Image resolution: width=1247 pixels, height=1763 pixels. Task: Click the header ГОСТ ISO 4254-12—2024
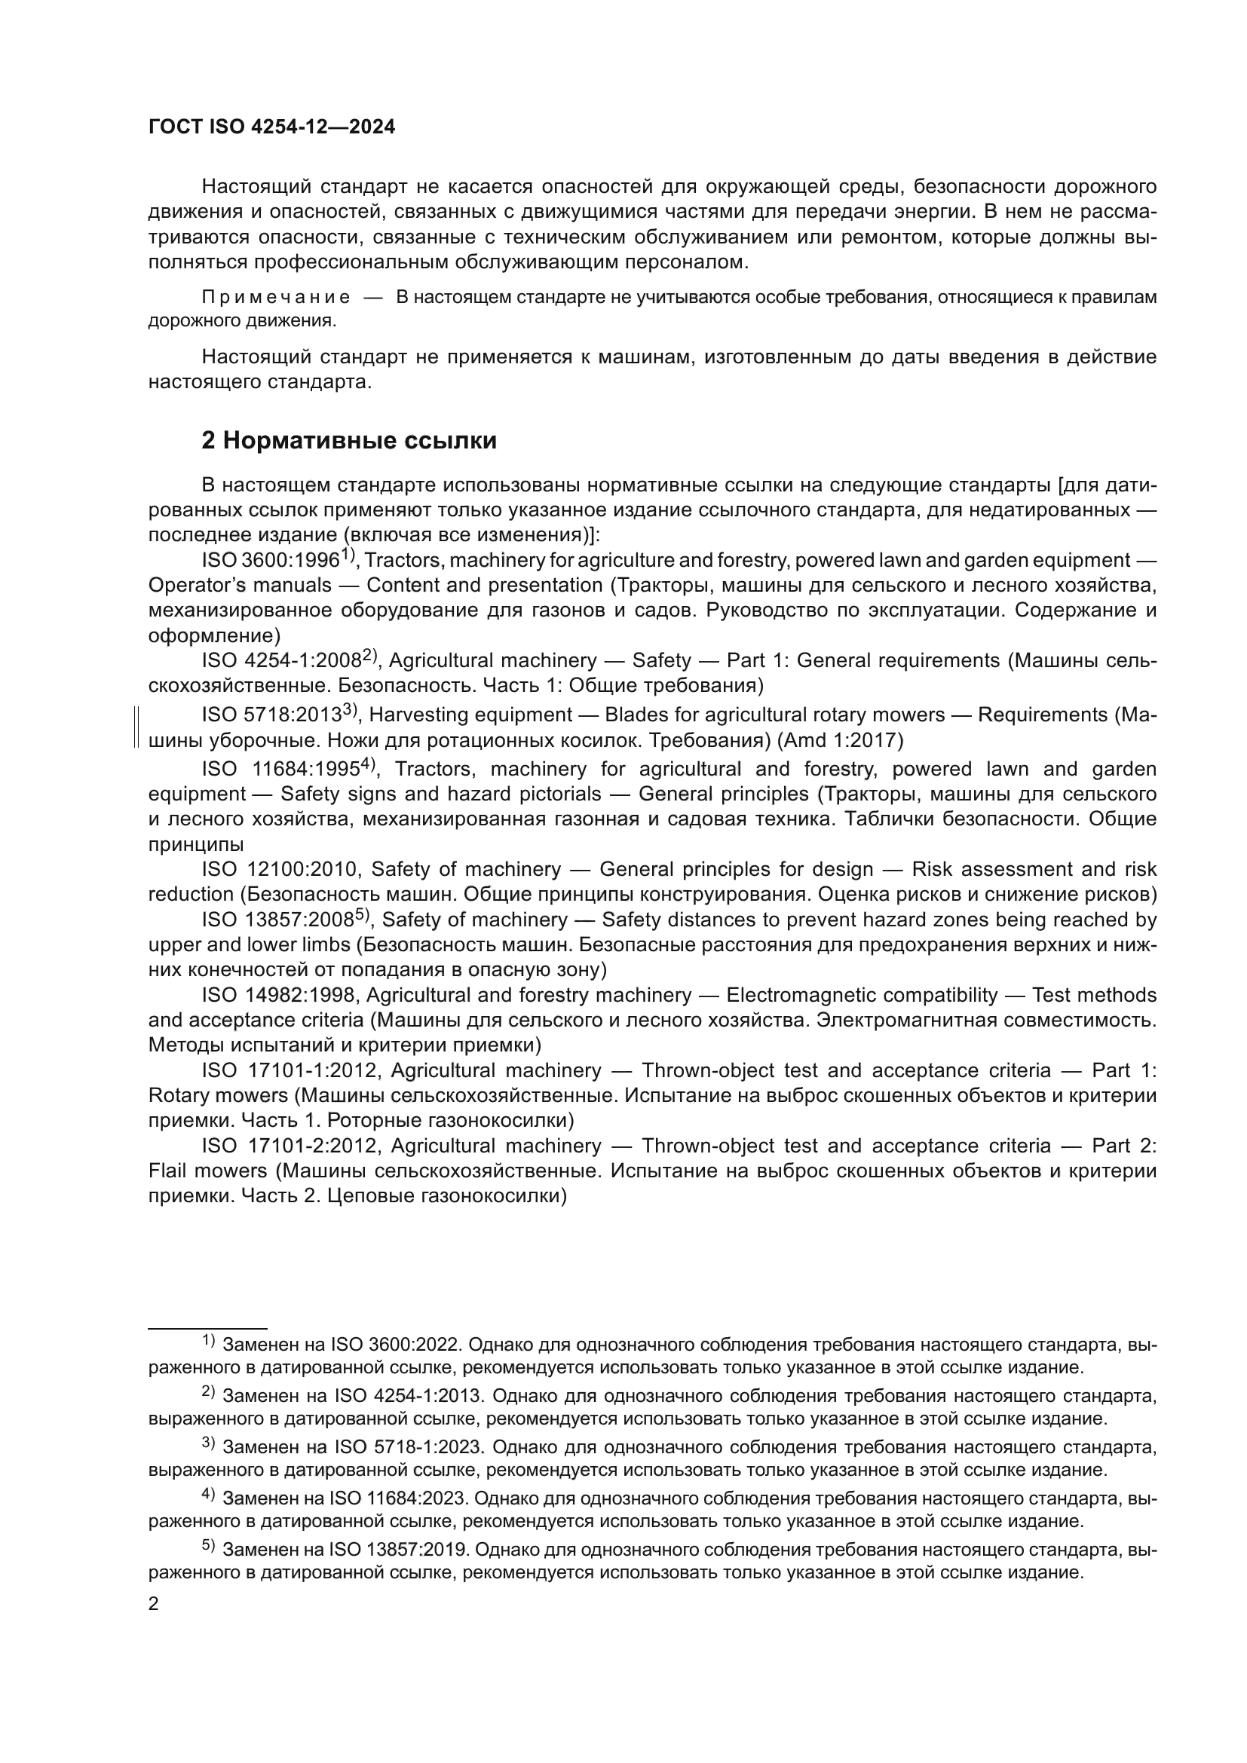pos(271,127)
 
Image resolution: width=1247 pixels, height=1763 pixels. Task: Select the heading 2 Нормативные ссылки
pos(348,441)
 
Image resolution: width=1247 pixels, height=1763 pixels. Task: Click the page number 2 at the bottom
pos(154,1604)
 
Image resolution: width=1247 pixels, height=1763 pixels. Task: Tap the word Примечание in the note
pos(276,298)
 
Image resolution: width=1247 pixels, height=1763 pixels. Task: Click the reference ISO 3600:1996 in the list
pos(271,561)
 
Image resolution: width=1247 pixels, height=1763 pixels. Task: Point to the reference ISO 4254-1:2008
pos(281,661)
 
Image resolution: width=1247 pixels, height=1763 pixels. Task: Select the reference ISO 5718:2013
pos(271,715)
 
